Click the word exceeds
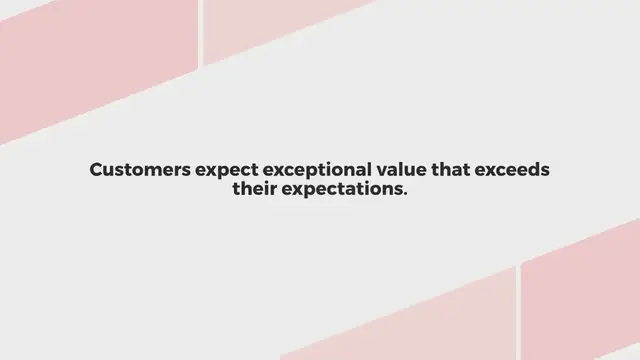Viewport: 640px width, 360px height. pos(516,170)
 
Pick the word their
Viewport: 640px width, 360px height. pos(254,189)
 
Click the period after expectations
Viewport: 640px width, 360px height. pos(405,193)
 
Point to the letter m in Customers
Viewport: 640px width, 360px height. pos(146,171)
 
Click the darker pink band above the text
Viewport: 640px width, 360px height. pos(90,60)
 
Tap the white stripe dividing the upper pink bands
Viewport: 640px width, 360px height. pos(201,30)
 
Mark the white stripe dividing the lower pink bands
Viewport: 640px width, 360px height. pos(518,310)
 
